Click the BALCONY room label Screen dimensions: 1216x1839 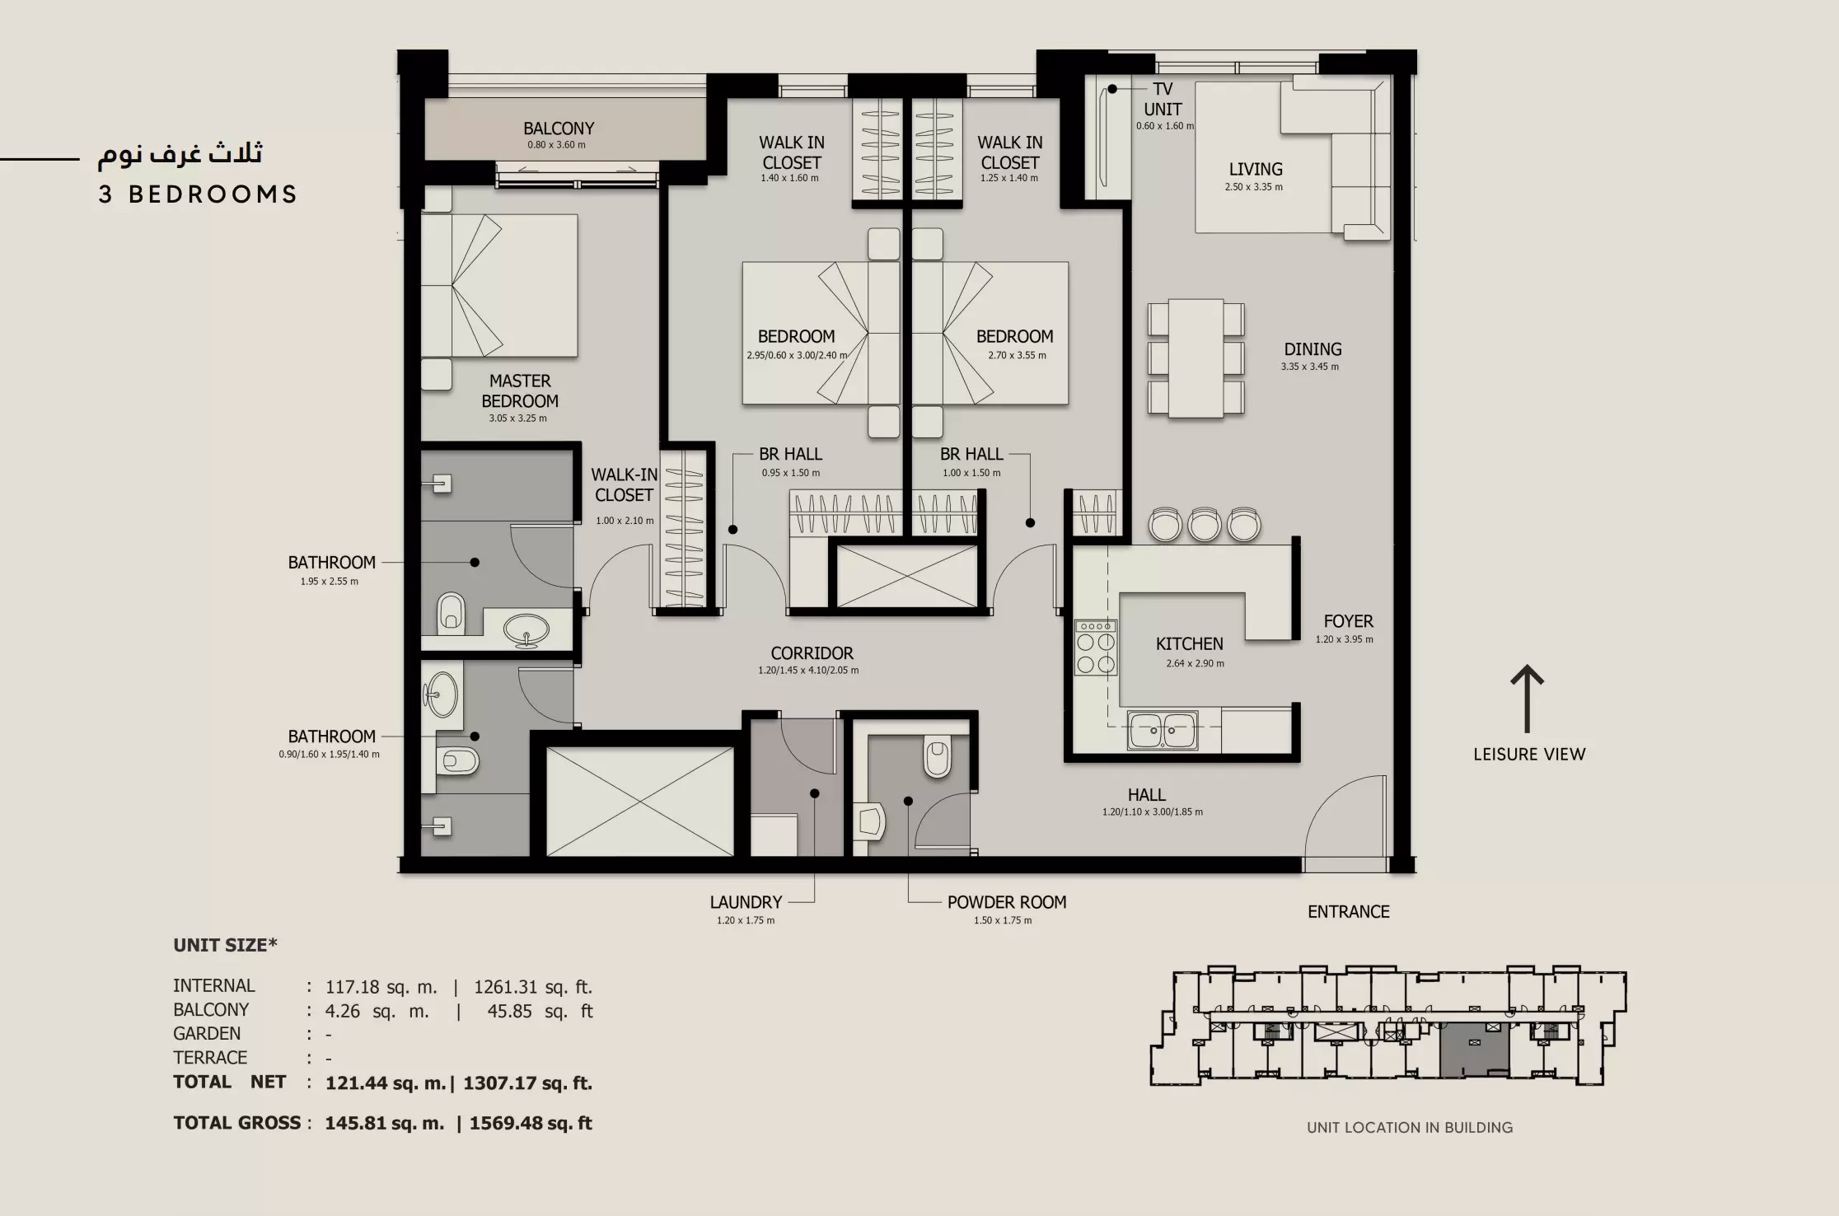click(559, 129)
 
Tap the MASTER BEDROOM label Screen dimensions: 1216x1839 click(520, 391)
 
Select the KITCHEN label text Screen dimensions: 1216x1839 click(1189, 644)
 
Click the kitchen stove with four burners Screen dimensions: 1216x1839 click(1096, 648)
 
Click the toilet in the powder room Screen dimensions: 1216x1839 click(938, 758)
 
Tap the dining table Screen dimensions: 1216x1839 click(1196, 358)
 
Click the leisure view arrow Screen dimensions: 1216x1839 click(1527, 699)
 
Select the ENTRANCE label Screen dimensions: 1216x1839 click(1348, 912)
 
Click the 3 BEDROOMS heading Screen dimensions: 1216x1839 click(198, 194)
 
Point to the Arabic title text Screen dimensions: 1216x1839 click(181, 153)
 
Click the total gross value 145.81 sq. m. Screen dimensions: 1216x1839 click(384, 1123)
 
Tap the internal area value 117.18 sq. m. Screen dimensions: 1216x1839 click(381, 986)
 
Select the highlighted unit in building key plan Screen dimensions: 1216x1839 click(1473, 1050)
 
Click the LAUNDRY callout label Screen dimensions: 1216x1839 click(746, 902)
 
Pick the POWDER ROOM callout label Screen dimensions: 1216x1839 click(1006, 902)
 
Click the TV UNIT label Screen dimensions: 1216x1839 click(1163, 99)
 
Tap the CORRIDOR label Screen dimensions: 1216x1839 click(812, 653)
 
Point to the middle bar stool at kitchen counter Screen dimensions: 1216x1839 click(1204, 525)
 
